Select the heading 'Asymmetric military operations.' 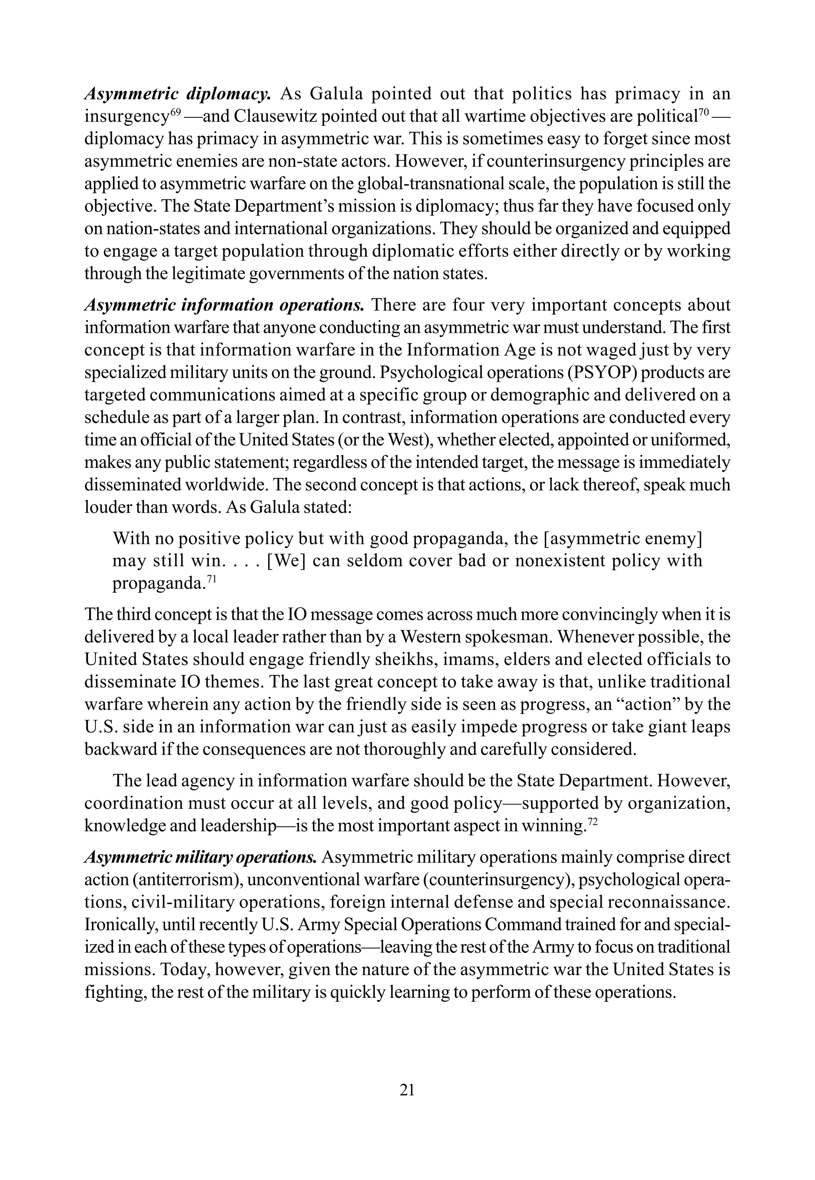(x=201, y=857)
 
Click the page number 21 (x=407, y=1090)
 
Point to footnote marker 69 (x=175, y=112)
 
